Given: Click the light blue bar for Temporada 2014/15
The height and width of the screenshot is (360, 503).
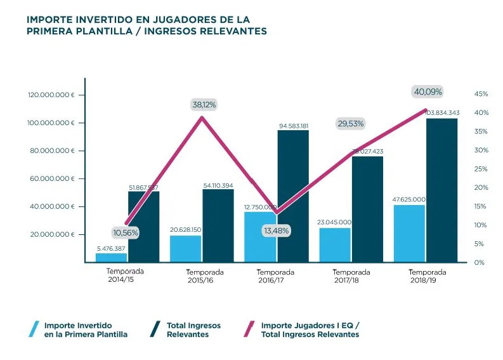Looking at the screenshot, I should click(x=112, y=257).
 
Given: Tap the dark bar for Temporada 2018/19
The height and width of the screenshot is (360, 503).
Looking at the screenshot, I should click(x=441, y=190).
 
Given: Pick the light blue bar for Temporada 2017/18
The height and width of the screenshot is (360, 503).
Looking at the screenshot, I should click(x=334, y=244).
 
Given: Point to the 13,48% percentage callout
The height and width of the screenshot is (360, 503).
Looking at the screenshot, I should click(x=276, y=231).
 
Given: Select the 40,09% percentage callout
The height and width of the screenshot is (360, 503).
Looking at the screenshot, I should click(x=428, y=91).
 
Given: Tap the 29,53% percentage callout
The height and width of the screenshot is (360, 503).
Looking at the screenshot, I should click(x=350, y=124).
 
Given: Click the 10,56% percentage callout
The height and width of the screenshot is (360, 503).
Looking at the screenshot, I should click(x=126, y=232).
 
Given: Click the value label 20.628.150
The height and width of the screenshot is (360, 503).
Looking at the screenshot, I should click(x=185, y=230).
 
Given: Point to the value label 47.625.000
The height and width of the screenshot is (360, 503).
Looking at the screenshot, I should click(x=408, y=199).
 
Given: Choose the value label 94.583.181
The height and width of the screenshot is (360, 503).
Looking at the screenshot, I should click(x=293, y=126).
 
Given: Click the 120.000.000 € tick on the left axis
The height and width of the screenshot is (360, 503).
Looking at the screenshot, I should click(x=51, y=95).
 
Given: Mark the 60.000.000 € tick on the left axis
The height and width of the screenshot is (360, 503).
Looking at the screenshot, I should click(x=51, y=179).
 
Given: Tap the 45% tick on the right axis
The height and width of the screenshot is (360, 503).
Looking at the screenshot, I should click(x=481, y=94).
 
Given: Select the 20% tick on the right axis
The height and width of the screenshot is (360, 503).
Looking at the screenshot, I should click(x=481, y=187).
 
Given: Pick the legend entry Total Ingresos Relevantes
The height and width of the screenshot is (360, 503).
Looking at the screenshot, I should click(x=193, y=330).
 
